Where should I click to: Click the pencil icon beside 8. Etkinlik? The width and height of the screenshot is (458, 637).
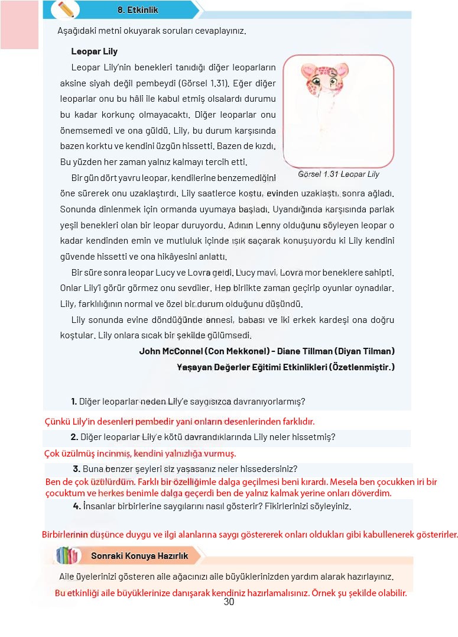[x=66, y=9]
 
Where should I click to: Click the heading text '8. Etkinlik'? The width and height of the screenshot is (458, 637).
[x=138, y=10]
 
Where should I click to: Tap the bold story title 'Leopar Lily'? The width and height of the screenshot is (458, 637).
[x=94, y=51]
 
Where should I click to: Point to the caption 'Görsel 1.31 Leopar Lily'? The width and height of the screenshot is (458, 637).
[x=339, y=174]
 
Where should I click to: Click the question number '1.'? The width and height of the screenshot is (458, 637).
[x=74, y=402]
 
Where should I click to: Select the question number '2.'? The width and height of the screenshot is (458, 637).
[x=74, y=437]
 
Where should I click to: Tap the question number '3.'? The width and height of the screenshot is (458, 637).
[x=77, y=469]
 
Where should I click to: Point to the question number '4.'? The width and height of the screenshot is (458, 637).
[x=77, y=506]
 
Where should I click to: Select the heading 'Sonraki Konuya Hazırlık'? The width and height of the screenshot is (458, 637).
[x=139, y=556]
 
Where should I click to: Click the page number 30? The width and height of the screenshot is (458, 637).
[x=229, y=602]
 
